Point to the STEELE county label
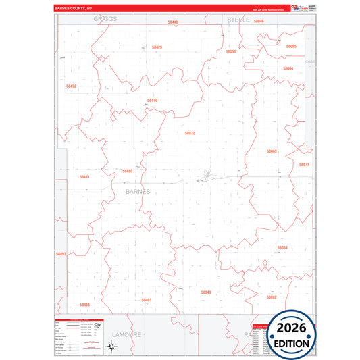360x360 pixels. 238,20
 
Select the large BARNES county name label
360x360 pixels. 138,191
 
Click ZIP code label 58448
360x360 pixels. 173,22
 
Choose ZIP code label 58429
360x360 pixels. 157,47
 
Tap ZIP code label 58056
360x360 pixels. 231,51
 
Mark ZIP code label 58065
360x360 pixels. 291,46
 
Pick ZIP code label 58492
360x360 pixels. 72,86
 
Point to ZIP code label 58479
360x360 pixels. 152,101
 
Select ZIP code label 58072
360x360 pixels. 190,133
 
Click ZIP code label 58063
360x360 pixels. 272,151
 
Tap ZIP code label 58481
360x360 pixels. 84,177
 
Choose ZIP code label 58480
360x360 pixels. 128,171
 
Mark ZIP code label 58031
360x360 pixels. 282,248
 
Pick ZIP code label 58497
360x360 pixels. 61,254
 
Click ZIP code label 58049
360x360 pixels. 206,292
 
